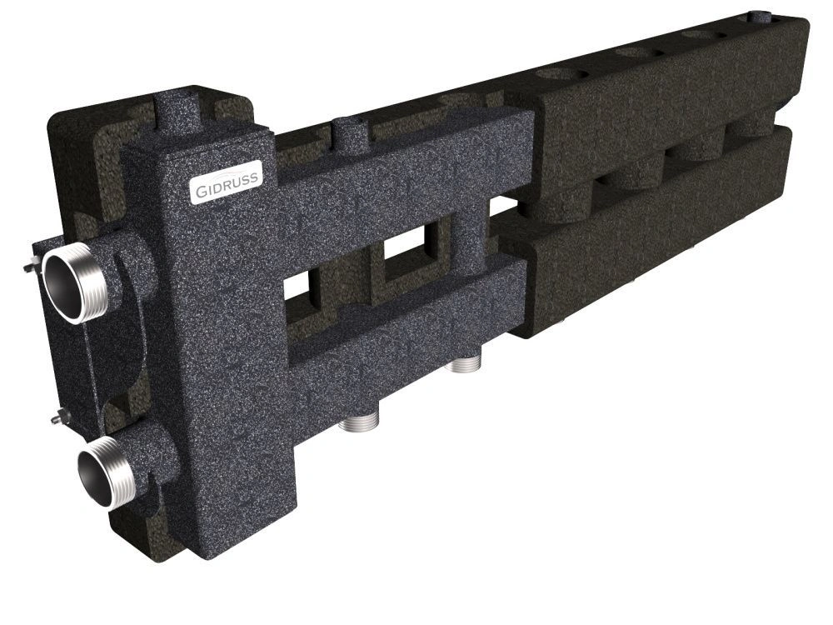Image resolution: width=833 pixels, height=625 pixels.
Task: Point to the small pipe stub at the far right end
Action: point(760,17)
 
